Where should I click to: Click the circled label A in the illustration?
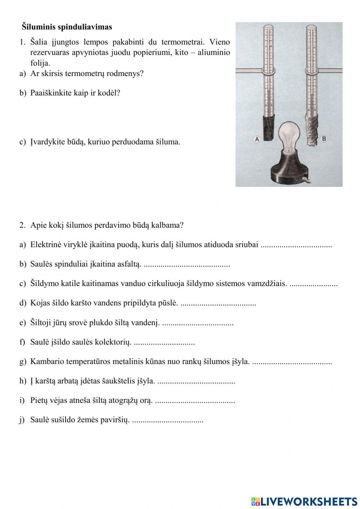tap(257, 139)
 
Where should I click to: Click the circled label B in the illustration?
tap(324, 138)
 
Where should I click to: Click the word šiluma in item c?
tap(167, 142)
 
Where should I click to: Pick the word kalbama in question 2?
tap(169, 226)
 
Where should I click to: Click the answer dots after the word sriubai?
tap(296, 245)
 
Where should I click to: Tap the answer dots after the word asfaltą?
tap(186, 265)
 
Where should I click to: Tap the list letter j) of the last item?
tap(22, 420)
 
